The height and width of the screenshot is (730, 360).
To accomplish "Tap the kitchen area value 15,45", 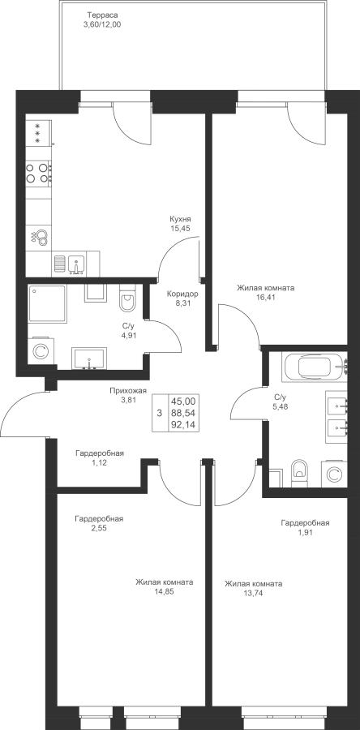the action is point(181,228).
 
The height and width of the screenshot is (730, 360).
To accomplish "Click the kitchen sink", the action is point(76,263).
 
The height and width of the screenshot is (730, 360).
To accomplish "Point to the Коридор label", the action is point(182,294).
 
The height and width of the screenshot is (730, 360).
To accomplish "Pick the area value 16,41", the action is point(265,298).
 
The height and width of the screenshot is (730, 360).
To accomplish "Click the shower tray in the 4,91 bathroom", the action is point(47,303).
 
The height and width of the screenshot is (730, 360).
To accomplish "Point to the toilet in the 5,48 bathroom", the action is point(298,473).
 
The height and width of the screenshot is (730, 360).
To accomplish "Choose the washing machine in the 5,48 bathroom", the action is point(334,474).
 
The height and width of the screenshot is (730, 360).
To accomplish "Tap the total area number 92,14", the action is point(183,424).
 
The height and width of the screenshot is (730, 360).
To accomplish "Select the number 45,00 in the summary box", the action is point(183,401).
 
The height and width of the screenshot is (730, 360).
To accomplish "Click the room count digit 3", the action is point(160,413).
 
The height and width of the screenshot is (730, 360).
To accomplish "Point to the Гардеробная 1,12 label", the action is point(100,457).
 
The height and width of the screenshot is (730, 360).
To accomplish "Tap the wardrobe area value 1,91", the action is point(305,533).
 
